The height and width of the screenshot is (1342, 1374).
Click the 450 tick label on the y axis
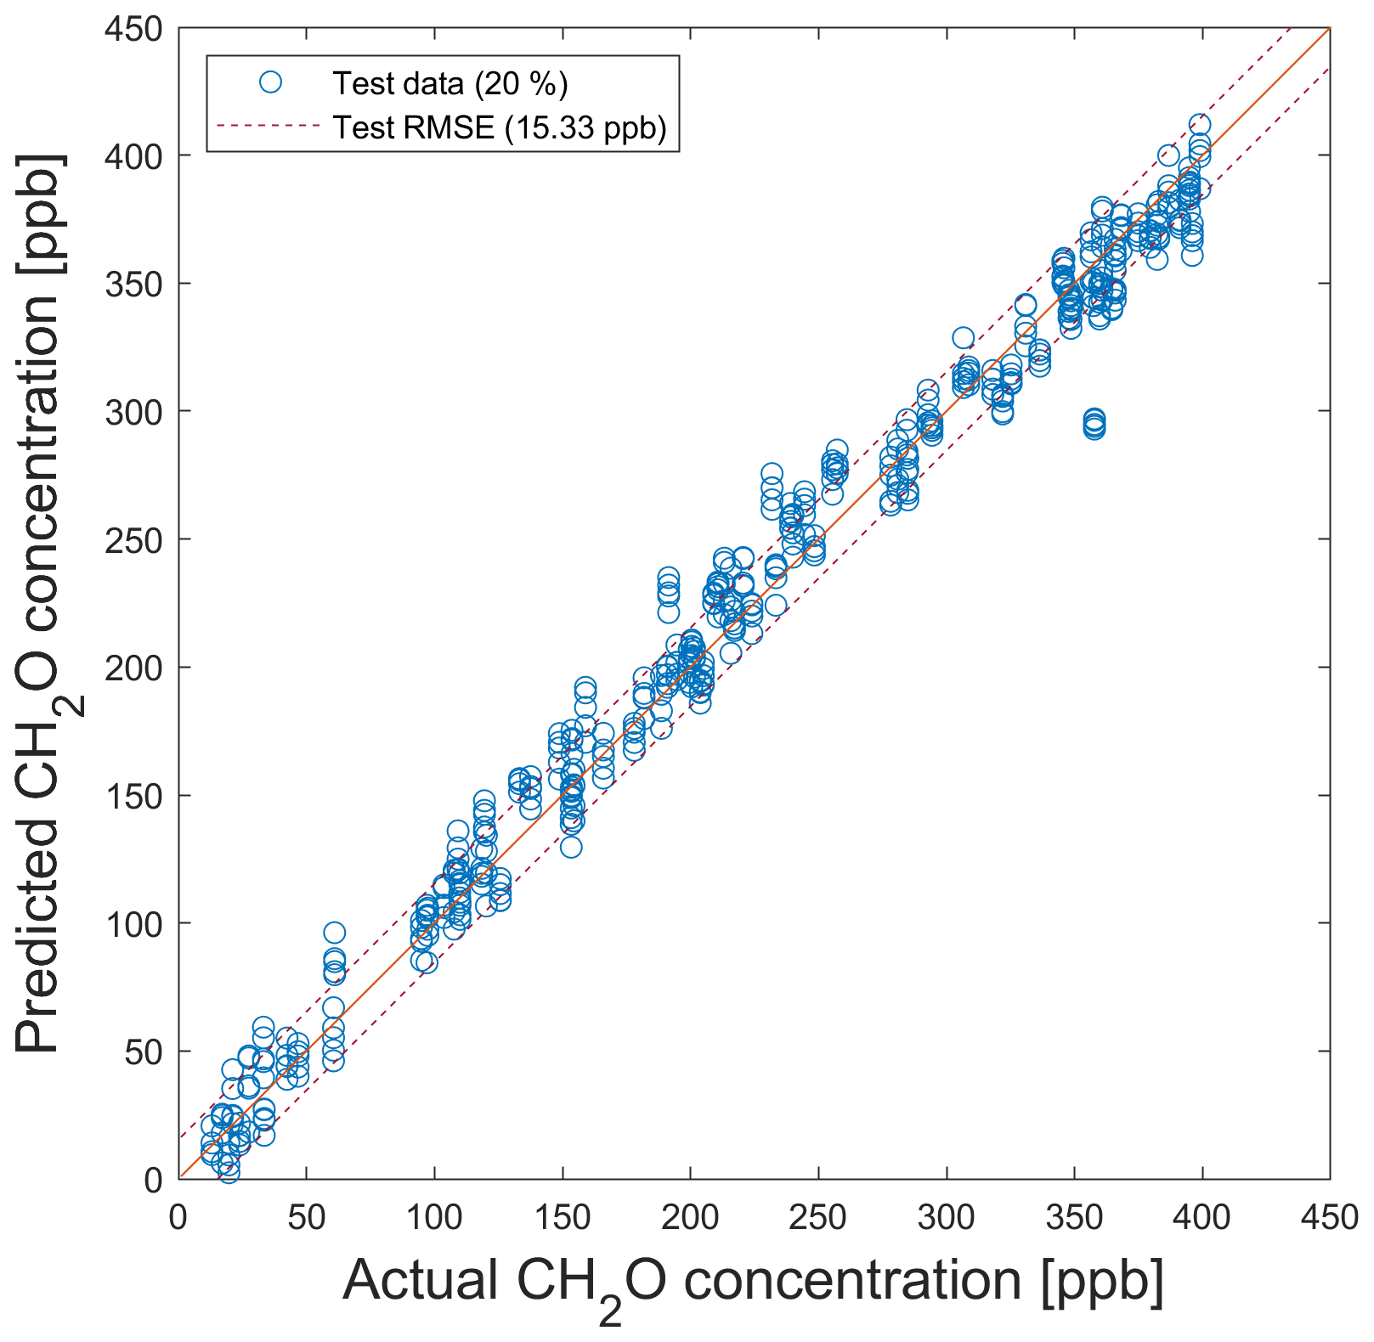pyautogui.click(x=134, y=30)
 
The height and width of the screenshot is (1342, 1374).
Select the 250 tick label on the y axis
pyautogui.click(x=134, y=540)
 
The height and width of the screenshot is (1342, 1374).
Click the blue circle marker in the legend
pyautogui.click(x=270, y=82)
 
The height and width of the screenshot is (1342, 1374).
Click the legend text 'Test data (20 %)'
pyautogui.click(x=450, y=83)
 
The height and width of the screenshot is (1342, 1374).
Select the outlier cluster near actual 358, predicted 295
pyautogui.click(x=1094, y=424)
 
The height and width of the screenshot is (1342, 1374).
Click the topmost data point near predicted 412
pyautogui.click(x=1199, y=125)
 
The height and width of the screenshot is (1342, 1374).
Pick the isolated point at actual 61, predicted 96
pyautogui.click(x=335, y=933)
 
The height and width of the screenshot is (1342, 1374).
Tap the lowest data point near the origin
pyautogui.click(x=229, y=1172)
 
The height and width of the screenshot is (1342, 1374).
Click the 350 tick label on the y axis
pyautogui.click(x=134, y=285)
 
